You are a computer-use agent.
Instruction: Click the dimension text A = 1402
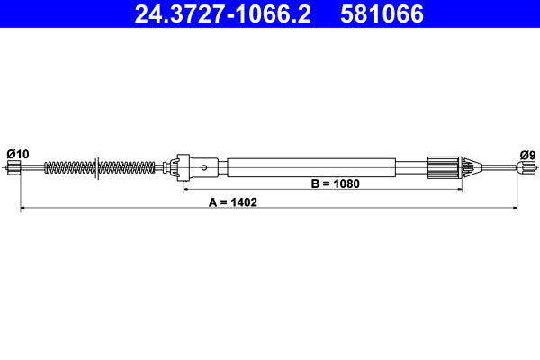(233, 202)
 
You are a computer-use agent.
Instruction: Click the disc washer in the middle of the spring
(94, 166)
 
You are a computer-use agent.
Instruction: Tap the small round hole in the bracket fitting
(206, 166)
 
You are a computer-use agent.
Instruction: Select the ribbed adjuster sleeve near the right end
(443, 166)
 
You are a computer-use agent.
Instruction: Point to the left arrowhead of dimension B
(187, 190)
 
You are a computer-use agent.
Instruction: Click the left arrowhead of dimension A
(23, 209)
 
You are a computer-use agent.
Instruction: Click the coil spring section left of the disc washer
(67, 166)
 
